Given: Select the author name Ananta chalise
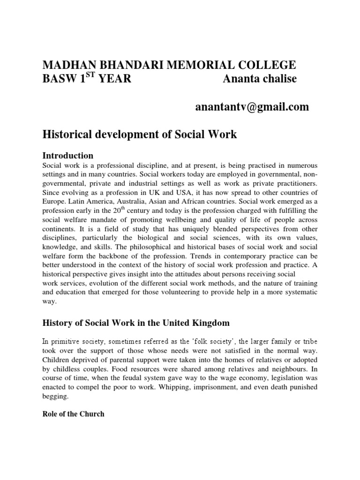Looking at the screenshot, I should (259, 79).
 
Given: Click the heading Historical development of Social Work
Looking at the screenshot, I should (140, 135).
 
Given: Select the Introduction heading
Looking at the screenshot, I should (68, 155).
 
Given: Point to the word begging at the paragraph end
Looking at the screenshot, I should (56, 396).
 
